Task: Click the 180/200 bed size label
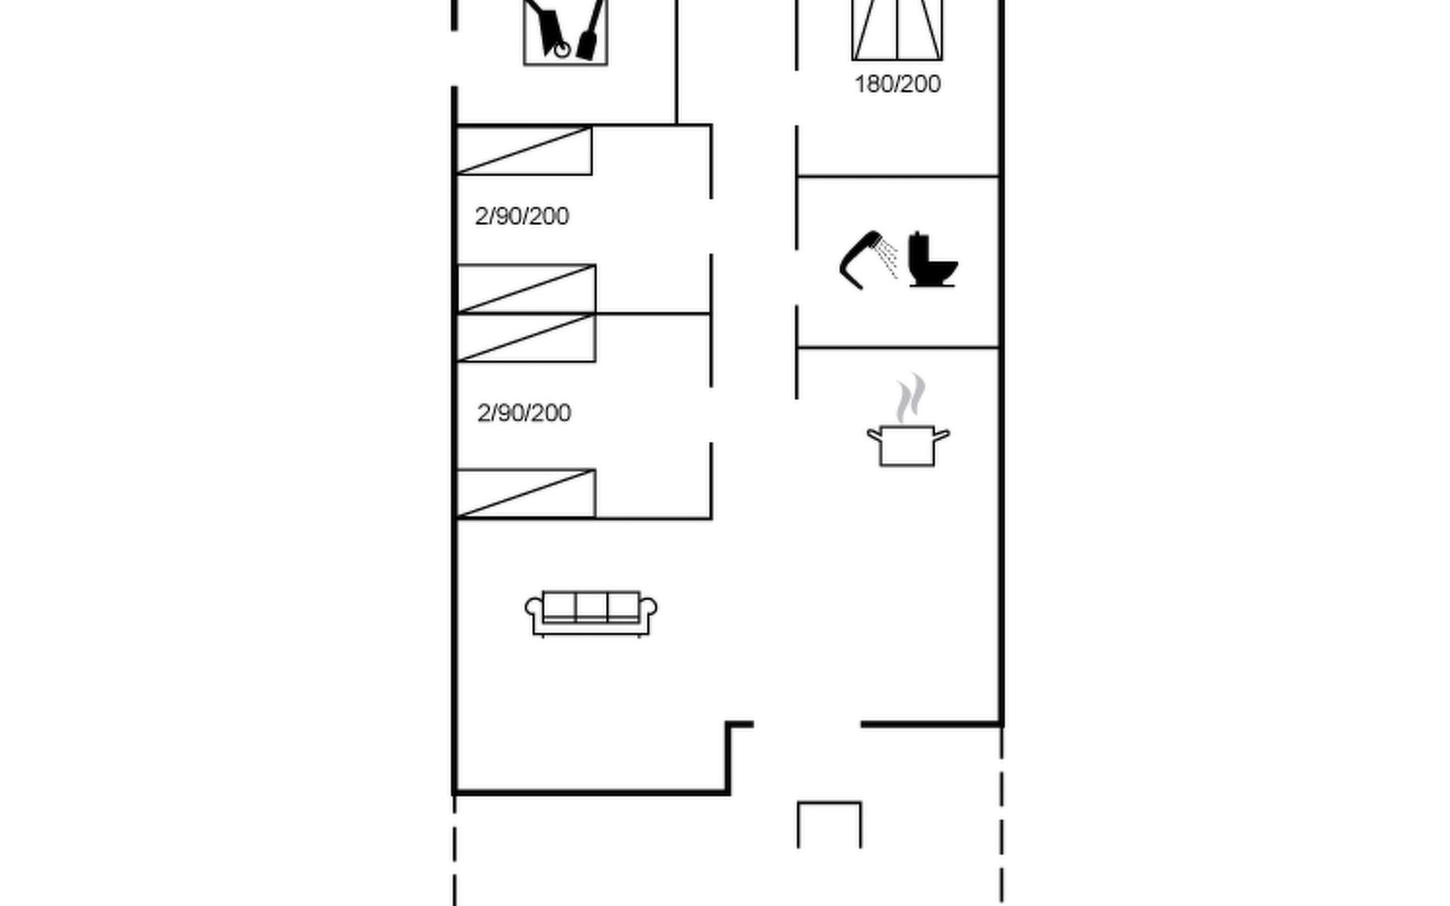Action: click(897, 84)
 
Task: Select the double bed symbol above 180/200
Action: click(897, 29)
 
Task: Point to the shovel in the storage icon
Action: click(591, 30)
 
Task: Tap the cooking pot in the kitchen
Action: click(908, 445)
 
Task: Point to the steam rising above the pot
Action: click(911, 397)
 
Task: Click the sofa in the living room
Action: click(591, 613)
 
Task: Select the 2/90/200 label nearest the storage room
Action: click(522, 217)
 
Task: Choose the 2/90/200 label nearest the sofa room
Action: click(524, 413)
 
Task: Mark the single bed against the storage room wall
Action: click(524, 150)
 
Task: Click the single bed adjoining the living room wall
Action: click(526, 494)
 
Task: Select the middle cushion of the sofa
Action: click(591, 606)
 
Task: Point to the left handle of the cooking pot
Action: click(874, 435)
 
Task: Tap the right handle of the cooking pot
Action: click(942, 435)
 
